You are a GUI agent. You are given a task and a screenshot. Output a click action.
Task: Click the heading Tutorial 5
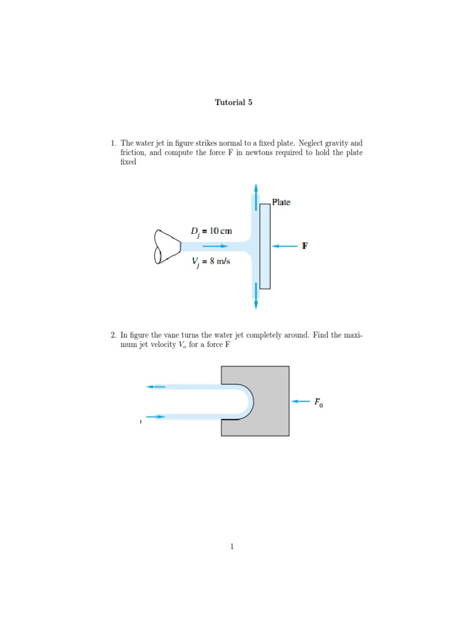(x=233, y=102)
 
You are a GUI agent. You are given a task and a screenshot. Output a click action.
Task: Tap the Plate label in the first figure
(x=281, y=202)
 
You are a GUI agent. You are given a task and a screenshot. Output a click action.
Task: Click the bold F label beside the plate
(x=305, y=246)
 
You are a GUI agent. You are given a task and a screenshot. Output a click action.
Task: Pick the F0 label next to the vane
(x=318, y=401)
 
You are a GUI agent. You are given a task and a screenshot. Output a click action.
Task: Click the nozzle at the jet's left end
(x=167, y=246)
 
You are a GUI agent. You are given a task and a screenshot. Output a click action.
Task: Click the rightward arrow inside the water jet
(x=216, y=246)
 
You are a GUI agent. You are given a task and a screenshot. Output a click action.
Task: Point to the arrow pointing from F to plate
(x=285, y=246)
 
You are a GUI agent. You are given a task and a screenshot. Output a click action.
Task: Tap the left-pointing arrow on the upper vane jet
(x=156, y=386)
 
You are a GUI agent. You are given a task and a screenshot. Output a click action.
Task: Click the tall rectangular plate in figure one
(x=265, y=246)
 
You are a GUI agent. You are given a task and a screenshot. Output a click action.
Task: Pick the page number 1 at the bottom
(x=232, y=547)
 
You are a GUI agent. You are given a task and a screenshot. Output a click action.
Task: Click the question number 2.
(x=113, y=334)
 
